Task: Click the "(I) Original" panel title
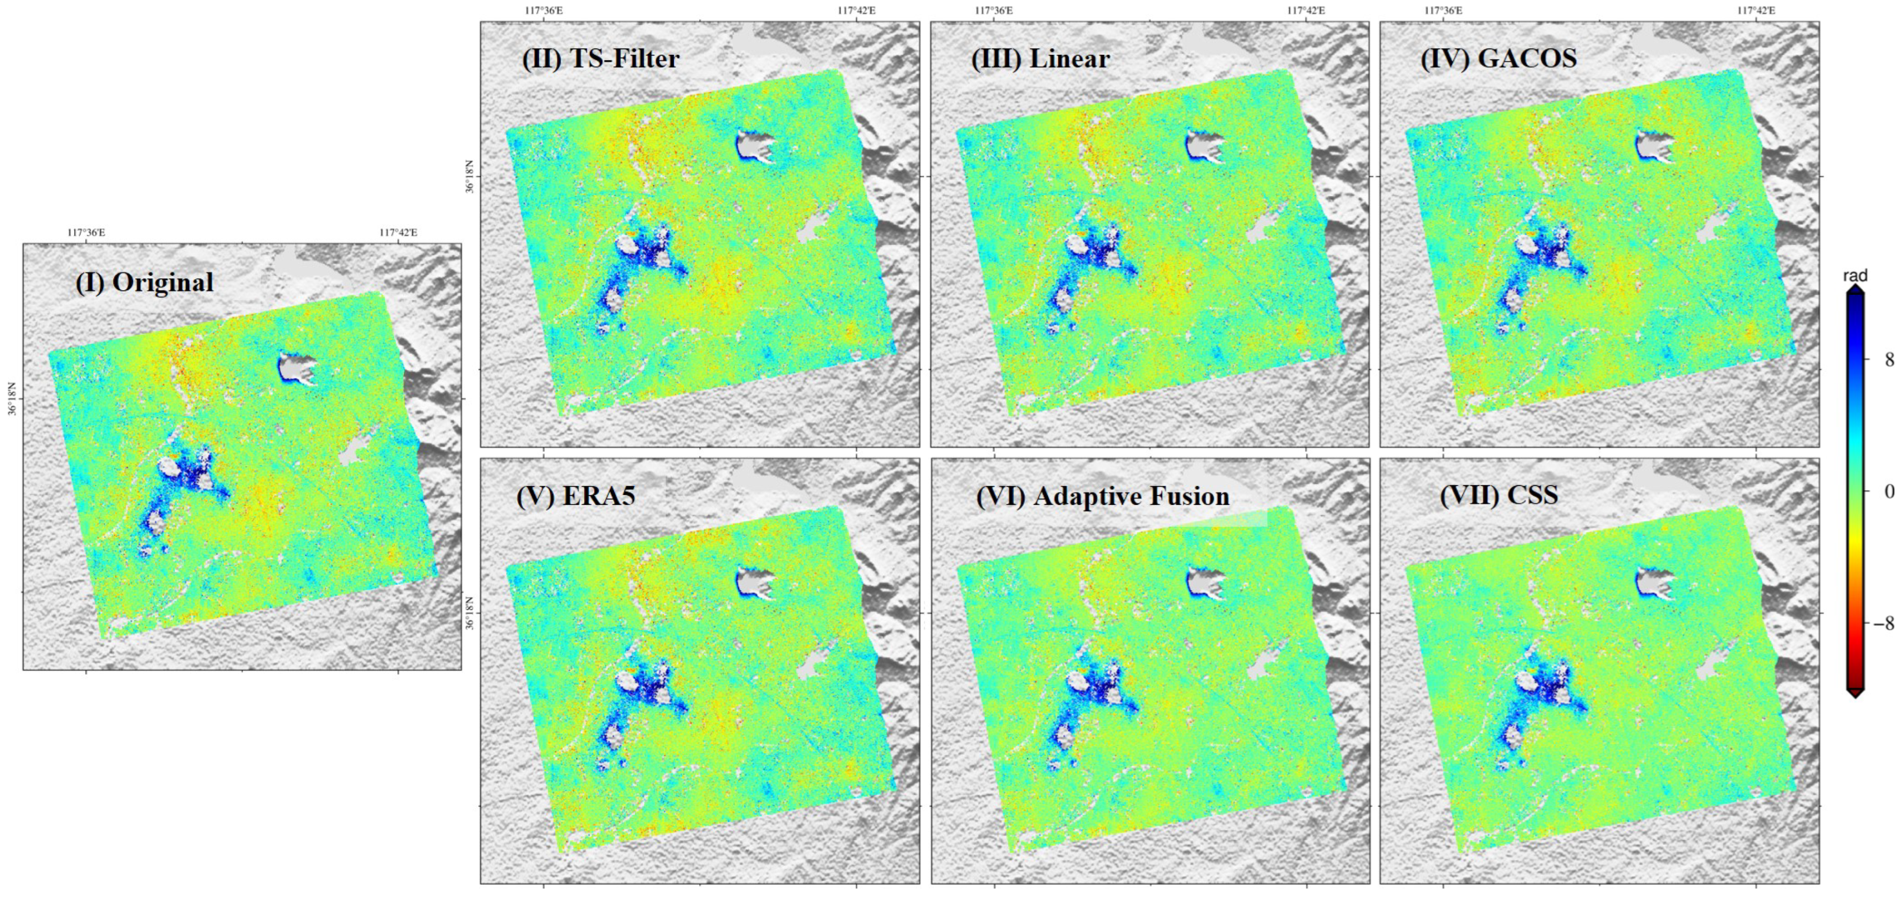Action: coord(144,283)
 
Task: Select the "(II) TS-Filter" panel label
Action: coord(600,58)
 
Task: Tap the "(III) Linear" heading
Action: coord(1040,58)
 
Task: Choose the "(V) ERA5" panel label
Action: coord(575,495)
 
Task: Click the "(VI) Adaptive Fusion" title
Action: coord(1102,496)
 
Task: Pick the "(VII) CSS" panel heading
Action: coord(1499,495)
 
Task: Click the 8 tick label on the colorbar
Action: coord(1889,360)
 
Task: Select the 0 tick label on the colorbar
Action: coord(1889,491)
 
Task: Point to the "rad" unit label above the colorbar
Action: coord(1855,275)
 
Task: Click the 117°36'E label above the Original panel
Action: coord(86,233)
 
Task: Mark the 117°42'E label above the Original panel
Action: coord(398,233)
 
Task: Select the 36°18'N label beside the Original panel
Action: coord(12,398)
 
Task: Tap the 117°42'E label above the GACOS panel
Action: coord(1756,11)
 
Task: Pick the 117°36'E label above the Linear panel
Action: coord(993,11)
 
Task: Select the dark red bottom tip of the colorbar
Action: coord(1855,692)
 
